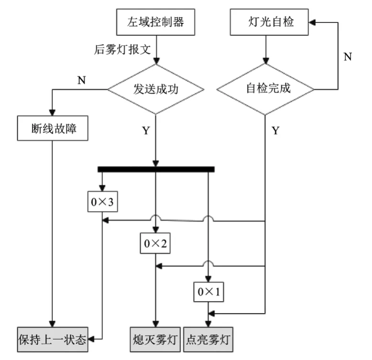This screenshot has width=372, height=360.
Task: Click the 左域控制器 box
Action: pyautogui.click(x=155, y=22)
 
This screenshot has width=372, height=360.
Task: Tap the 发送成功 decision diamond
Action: pyautogui.click(x=155, y=89)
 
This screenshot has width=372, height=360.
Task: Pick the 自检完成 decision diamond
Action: pyautogui.click(x=266, y=89)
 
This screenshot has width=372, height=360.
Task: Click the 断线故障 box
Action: pyautogui.click(x=53, y=128)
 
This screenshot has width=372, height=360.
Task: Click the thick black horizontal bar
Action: pyautogui.click(x=155, y=169)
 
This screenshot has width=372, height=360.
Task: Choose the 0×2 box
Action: pyautogui.click(x=155, y=244)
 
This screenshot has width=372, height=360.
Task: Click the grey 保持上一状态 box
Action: pyautogui.click(x=53, y=339)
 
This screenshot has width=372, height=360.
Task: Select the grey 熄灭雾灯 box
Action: pyautogui.click(x=154, y=339)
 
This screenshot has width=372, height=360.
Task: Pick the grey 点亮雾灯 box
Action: pyautogui.click(x=208, y=339)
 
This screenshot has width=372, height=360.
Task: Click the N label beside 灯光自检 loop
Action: pyautogui.click(x=348, y=56)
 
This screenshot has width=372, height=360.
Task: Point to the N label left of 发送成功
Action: pyautogui.click(x=81, y=80)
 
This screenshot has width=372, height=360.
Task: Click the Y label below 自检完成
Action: pyautogui.click(x=275, y=130)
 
